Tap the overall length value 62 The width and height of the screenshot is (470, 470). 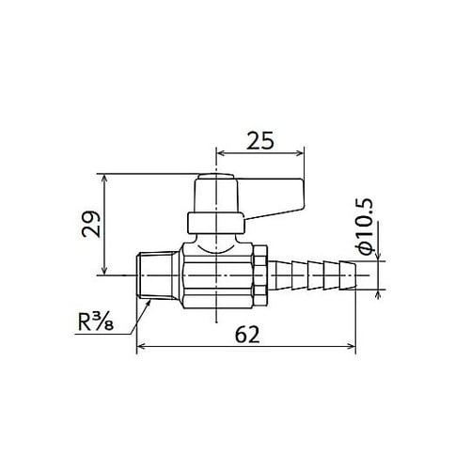247,333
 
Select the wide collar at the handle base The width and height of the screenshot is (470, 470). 215,223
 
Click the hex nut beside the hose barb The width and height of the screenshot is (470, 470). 259,274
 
